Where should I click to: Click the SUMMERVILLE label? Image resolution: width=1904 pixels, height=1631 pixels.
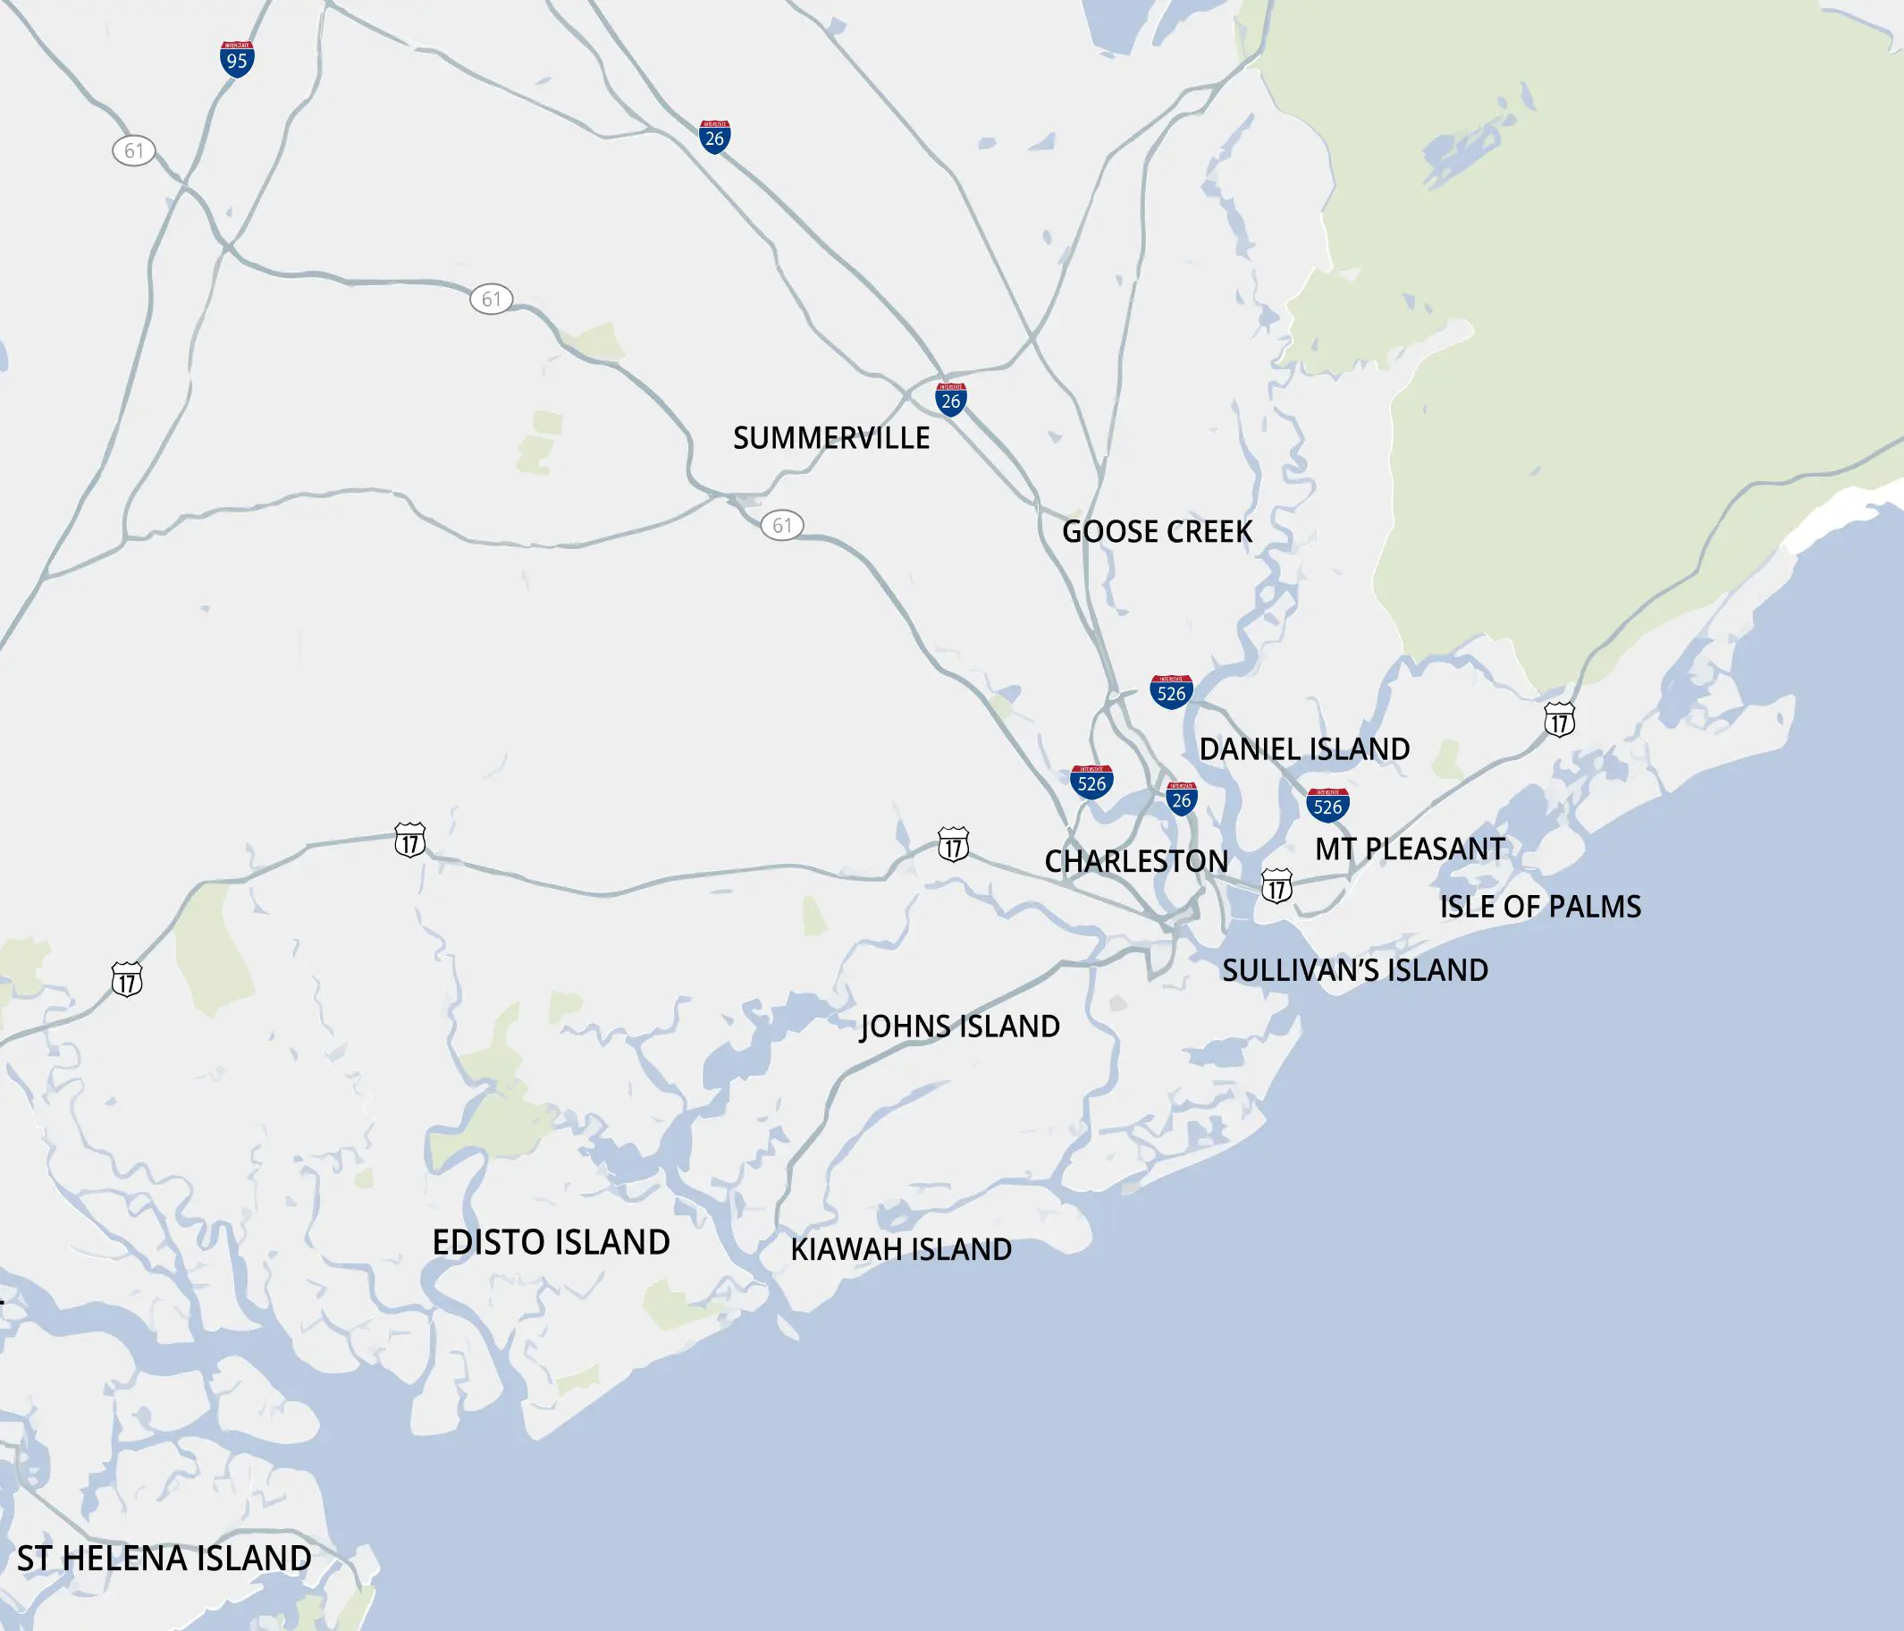830,438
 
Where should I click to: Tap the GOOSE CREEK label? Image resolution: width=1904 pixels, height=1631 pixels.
1157,531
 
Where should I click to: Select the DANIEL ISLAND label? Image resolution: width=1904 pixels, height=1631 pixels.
1304,749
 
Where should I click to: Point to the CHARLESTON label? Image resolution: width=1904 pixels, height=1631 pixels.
1136,861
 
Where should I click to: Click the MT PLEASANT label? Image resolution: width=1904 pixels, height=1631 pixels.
1410,849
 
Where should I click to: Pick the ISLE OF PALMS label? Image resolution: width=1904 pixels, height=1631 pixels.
1540,908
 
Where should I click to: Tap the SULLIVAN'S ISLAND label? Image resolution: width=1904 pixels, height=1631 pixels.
1354,971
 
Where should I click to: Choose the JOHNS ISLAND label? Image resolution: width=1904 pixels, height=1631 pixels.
959,1027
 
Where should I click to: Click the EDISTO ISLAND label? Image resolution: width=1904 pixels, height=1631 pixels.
551,1243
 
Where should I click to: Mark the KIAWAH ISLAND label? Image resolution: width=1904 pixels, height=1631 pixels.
900,1250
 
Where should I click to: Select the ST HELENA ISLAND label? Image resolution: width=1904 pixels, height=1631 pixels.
164,1559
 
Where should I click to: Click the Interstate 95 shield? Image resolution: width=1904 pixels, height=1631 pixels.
237,60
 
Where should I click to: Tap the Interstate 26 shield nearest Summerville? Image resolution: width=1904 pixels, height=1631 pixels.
951,400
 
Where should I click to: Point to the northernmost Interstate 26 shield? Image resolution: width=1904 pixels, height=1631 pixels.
714,137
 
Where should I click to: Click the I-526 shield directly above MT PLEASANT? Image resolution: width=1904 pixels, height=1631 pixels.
1327,806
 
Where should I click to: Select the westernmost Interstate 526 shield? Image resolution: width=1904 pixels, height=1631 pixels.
1091,782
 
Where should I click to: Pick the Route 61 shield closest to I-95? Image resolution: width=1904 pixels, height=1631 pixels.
134,151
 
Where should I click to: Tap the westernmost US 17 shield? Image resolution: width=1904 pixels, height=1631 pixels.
127,980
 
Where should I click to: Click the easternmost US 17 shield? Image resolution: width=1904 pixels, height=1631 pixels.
1560,720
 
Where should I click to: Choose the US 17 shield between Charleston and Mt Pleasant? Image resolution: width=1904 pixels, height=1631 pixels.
1276,886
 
